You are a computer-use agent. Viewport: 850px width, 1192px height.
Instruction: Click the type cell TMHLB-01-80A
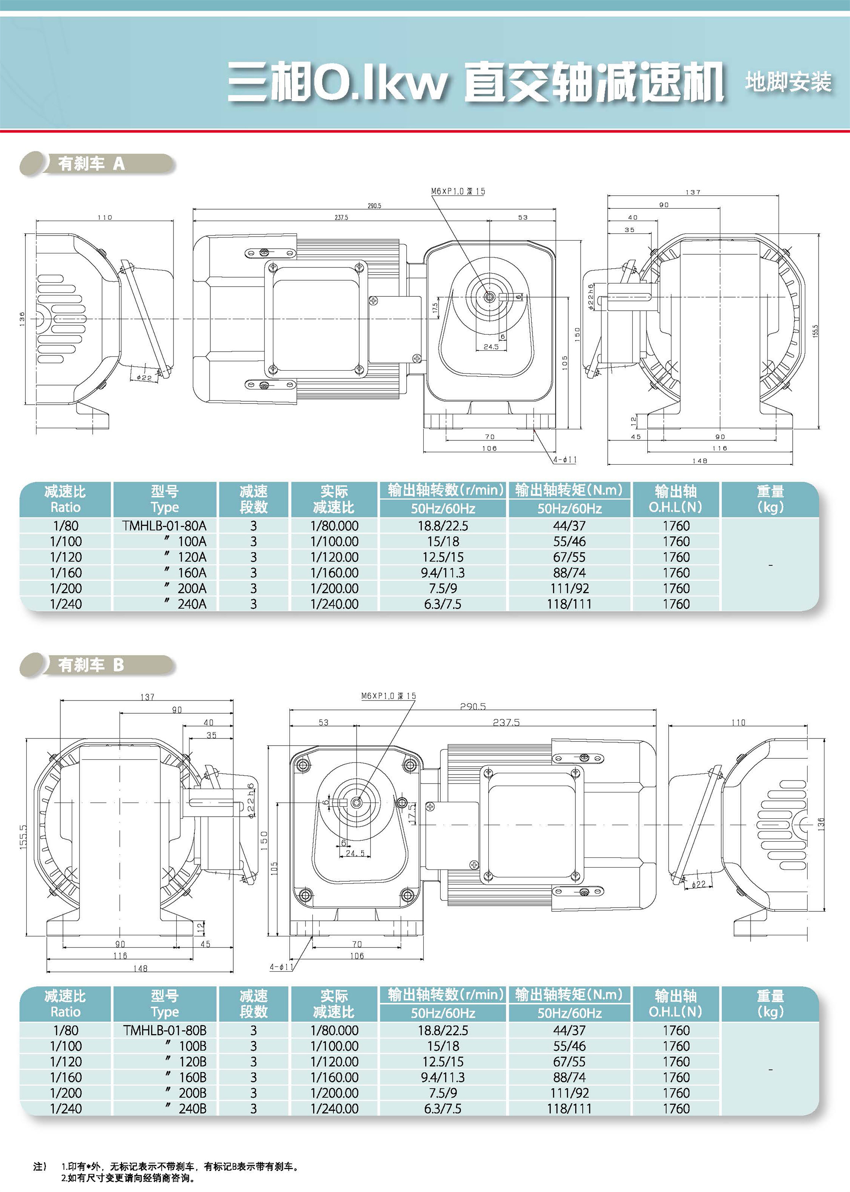(164, 525)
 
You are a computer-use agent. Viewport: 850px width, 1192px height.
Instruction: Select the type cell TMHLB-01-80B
(164, 1030)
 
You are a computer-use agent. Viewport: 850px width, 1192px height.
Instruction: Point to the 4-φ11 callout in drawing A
(565, 459)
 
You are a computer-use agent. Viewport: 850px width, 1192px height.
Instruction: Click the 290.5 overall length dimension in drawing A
(374, 206)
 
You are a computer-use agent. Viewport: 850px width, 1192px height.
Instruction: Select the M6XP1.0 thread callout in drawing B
(388, 696)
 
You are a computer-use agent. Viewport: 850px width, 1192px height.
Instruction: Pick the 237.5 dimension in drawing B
(506, 722)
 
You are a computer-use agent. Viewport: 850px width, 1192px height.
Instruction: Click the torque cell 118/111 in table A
(569, 604)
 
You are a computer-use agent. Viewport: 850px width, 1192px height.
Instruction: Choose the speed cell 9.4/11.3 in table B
(443, 1077)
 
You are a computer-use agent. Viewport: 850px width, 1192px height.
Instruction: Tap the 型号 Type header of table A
(164, 500)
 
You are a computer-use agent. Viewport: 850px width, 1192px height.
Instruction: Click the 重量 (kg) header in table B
(770, 1004)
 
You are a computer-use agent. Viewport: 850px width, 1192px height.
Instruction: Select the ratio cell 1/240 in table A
(66, 604)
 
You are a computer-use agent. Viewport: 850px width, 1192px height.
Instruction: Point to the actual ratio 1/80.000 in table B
(334, 1030)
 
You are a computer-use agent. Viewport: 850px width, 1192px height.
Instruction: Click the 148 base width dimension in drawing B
(140, 968)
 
